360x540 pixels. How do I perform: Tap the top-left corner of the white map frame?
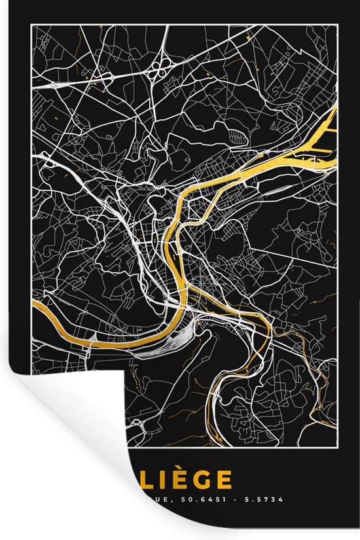tap(30, 24)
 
